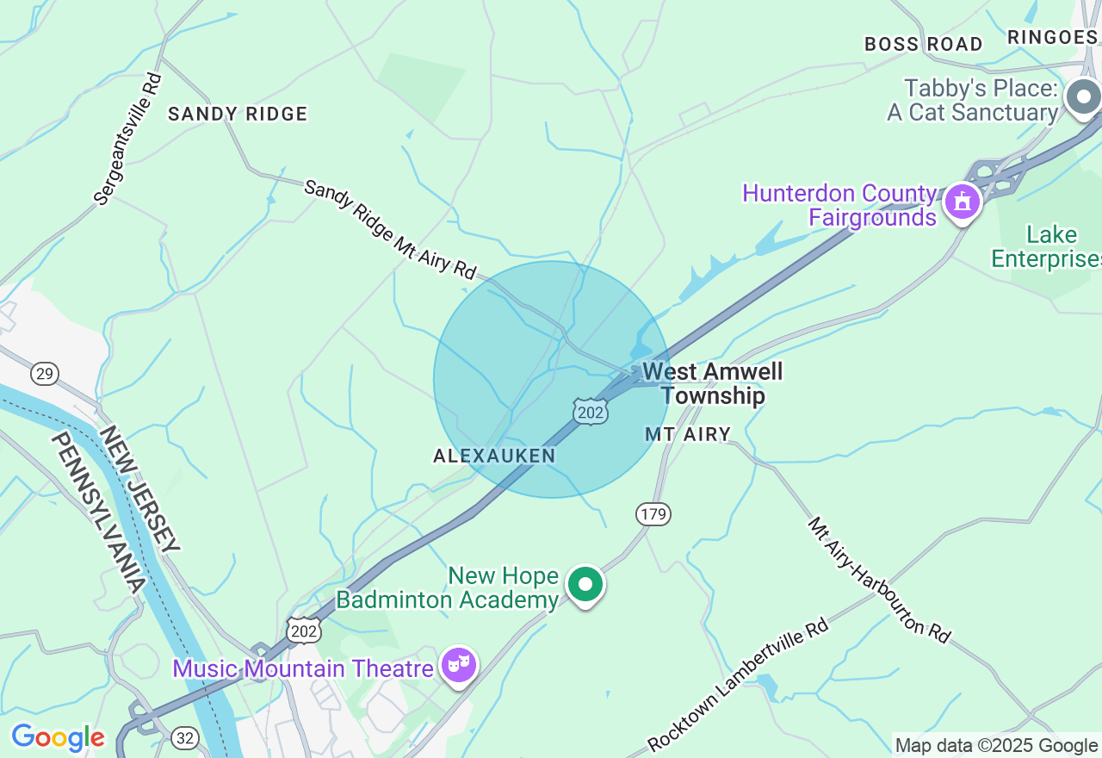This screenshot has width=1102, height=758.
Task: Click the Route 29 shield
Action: (45, 373)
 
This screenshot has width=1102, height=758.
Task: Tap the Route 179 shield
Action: (653, 514)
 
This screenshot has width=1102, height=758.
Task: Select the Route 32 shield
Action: (184, 737)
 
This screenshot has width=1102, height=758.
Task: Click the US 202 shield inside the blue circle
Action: (591, 412)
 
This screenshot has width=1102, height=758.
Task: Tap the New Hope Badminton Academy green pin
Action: (585, 585)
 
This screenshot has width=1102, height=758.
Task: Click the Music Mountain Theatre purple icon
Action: (459, 665)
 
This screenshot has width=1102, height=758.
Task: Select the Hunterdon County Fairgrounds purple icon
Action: (962, 202)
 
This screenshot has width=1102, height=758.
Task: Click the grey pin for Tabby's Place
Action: (1082, 97)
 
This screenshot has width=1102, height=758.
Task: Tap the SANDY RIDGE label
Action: (238, 114)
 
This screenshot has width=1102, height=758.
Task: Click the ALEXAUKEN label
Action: (494, 456)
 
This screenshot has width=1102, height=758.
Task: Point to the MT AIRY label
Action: (688, 435)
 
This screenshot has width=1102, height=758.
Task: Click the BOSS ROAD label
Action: (924, 44)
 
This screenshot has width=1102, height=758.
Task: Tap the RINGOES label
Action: (1052, 36)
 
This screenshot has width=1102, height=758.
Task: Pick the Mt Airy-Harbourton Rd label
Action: (879, 580)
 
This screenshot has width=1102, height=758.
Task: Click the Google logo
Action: (58, 737)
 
